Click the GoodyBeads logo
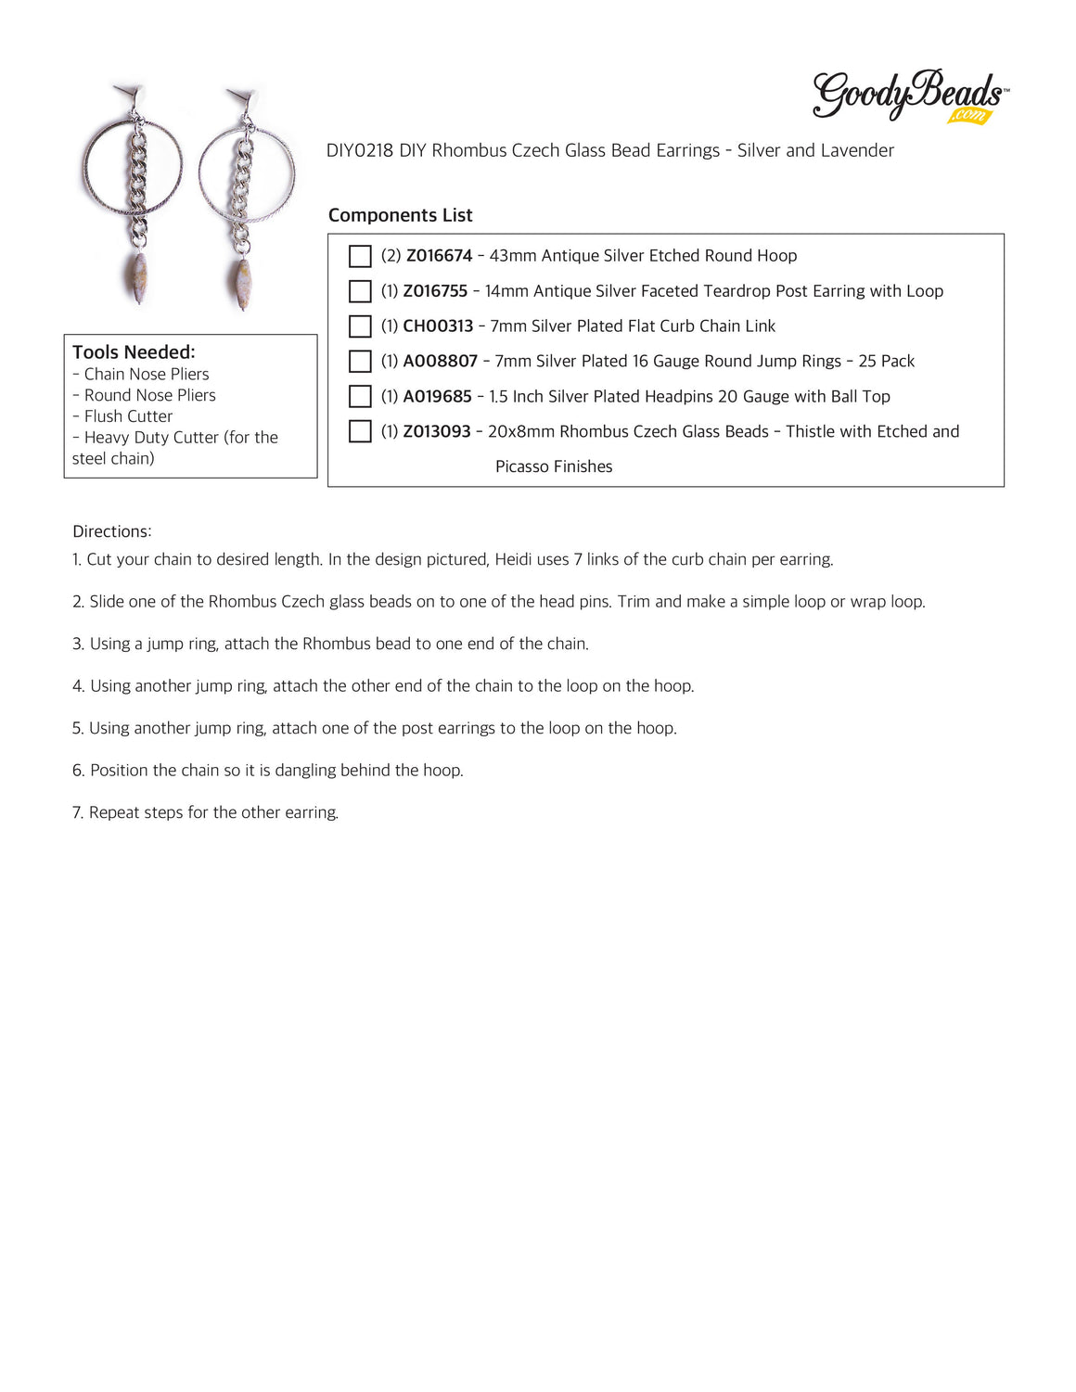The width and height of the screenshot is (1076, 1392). point(909,96)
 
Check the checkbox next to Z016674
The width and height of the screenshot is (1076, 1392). point(360,256)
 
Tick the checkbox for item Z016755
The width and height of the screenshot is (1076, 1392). point(360,291)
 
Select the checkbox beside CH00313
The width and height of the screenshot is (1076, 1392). point(360,326)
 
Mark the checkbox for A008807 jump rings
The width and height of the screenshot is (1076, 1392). point(360,362)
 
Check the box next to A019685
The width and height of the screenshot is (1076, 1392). point(360,397)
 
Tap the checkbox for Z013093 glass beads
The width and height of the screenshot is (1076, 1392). point(360,432)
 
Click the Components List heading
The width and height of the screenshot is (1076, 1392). point(400,215)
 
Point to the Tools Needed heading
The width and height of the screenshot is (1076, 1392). point(134,352)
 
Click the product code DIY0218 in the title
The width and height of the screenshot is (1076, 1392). point(360,150)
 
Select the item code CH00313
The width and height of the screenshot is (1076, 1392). point(438,326)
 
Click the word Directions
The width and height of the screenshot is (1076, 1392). point(111,531)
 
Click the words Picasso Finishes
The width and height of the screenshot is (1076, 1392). point(554,466)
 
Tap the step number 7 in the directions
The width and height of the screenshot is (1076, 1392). point(77,812)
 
